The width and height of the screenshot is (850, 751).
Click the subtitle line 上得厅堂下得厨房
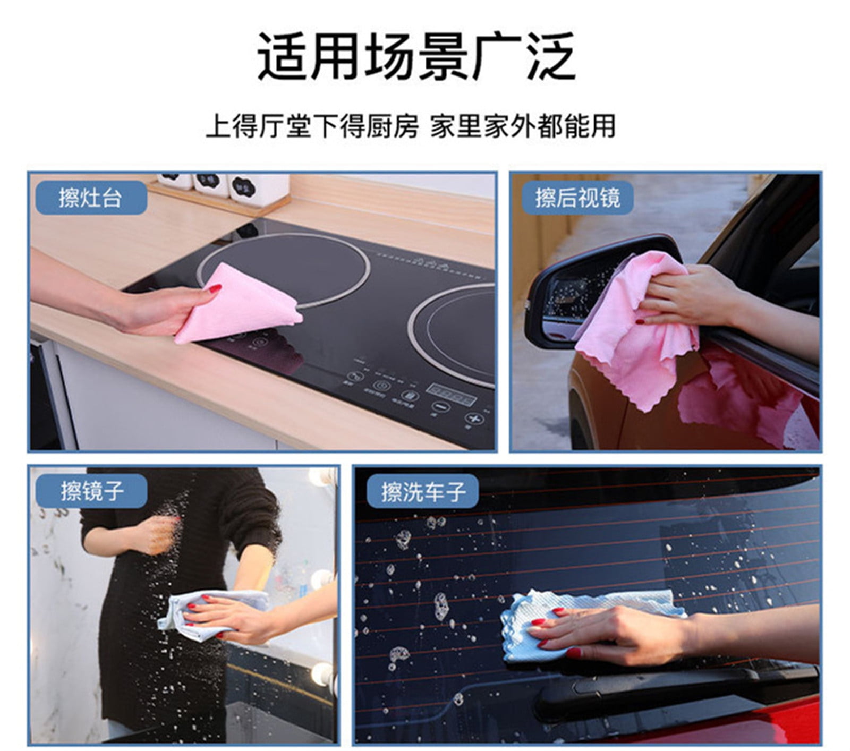click(312, 127)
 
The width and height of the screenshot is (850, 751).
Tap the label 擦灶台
click(91, 198)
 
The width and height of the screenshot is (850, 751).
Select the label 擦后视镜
click(577, 198)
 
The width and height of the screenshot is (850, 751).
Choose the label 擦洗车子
click(423, 491)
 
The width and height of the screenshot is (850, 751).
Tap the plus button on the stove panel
click(471, 419)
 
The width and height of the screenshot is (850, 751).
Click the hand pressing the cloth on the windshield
click(611, 632)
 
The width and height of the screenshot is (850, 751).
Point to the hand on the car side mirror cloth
click(685, 297)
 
